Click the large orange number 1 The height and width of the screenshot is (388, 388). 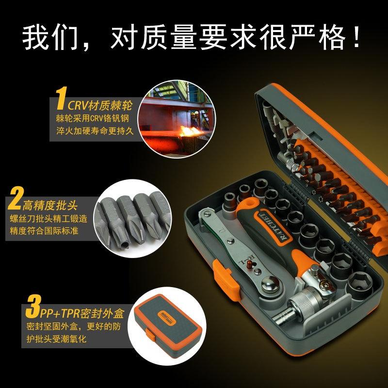tap(61, 98)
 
